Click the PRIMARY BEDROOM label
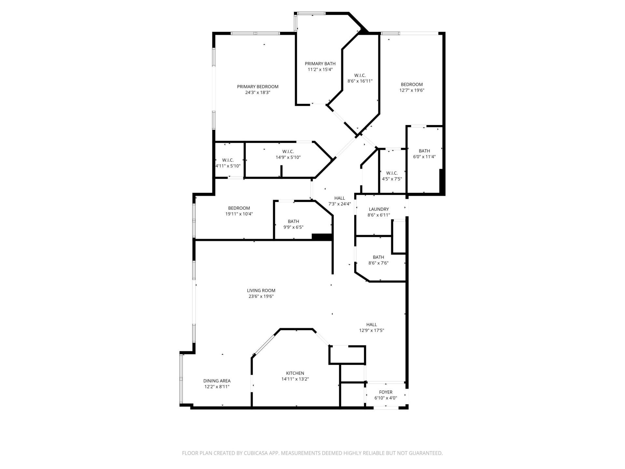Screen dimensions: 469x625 coord(257,87)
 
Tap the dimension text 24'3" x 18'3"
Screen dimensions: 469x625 coord(257,92)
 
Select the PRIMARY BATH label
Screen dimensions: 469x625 coord(320,64)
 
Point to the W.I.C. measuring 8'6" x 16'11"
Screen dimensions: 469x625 coord(360,75)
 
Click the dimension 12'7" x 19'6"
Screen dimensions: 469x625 coord(412,90)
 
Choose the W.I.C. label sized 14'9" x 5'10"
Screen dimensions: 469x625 coord(288,151)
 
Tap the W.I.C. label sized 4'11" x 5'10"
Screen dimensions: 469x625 coord(228,160)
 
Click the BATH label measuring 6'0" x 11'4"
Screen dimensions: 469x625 coord(424,151)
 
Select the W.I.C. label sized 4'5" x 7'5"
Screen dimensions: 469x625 coord(392,173)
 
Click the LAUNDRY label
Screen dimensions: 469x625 coord(379,209)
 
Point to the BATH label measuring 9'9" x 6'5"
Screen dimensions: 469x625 coord(293,221)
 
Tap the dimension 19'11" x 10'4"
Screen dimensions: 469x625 coord(239,214)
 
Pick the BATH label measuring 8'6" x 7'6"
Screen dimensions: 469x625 coord(378,257)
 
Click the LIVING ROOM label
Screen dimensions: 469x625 coord(261,291)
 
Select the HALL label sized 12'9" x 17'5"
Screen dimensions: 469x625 coord(371,324)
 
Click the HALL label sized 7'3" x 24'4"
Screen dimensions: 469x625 coord(340,198)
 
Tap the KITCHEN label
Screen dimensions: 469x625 coord(295,373)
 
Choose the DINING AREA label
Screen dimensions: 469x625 coord(217,381)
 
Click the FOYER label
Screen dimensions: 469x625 coord(386,392)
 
